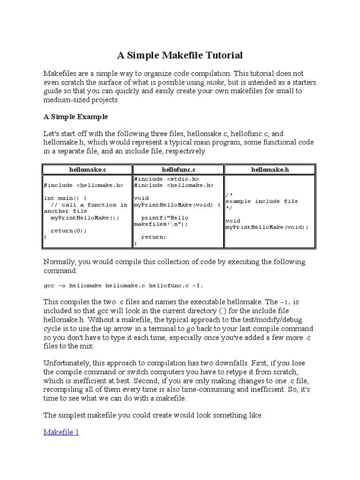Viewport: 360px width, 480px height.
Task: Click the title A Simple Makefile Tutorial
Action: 180,56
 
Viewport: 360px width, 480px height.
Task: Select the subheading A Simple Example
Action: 75,116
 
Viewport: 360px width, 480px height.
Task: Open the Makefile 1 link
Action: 61,432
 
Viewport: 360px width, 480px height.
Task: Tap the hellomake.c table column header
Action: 87,169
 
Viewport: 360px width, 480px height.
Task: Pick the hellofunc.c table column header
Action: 178,169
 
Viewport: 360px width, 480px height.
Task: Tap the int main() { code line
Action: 65,198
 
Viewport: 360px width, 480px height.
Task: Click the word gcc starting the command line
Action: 49,285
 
